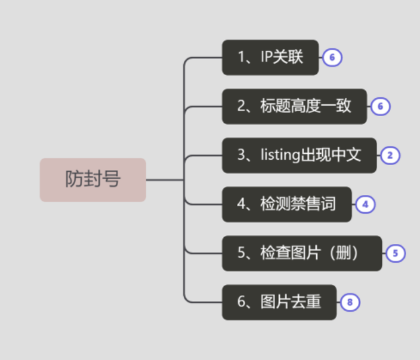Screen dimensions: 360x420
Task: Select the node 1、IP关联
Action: coord(270,58)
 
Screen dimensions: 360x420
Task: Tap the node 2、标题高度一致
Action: coord(294,107)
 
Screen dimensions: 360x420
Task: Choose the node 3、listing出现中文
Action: coord(299,156)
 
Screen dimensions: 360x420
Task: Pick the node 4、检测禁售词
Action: coord(286,204)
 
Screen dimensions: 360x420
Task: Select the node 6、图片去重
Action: coord(279,302)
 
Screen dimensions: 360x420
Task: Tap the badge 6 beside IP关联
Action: coord(332,58)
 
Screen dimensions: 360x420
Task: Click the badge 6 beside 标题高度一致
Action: coord(380,107)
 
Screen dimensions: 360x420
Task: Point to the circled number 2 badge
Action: coord(390,156)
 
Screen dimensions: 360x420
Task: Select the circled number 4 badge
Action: coord(365,204)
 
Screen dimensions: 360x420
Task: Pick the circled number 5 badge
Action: coord(395,253)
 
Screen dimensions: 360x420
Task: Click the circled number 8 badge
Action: coord(350,302)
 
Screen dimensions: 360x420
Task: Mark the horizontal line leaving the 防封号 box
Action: coord(164,179)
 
